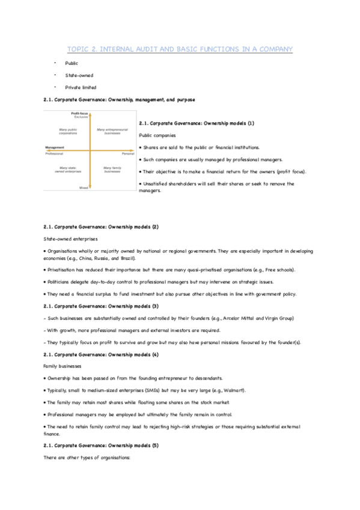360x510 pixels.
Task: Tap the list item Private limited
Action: point(81,87)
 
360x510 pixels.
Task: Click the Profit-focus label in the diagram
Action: point(80,113)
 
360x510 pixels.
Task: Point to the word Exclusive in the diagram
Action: point(81,117)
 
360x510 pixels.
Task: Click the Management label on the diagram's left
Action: point(55,147)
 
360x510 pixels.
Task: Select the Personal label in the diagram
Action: point(127,153)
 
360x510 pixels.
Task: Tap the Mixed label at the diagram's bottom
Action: point(84,188)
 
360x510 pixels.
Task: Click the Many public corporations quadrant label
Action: point(67,131)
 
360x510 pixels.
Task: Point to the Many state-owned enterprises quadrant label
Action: point(67,170)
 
